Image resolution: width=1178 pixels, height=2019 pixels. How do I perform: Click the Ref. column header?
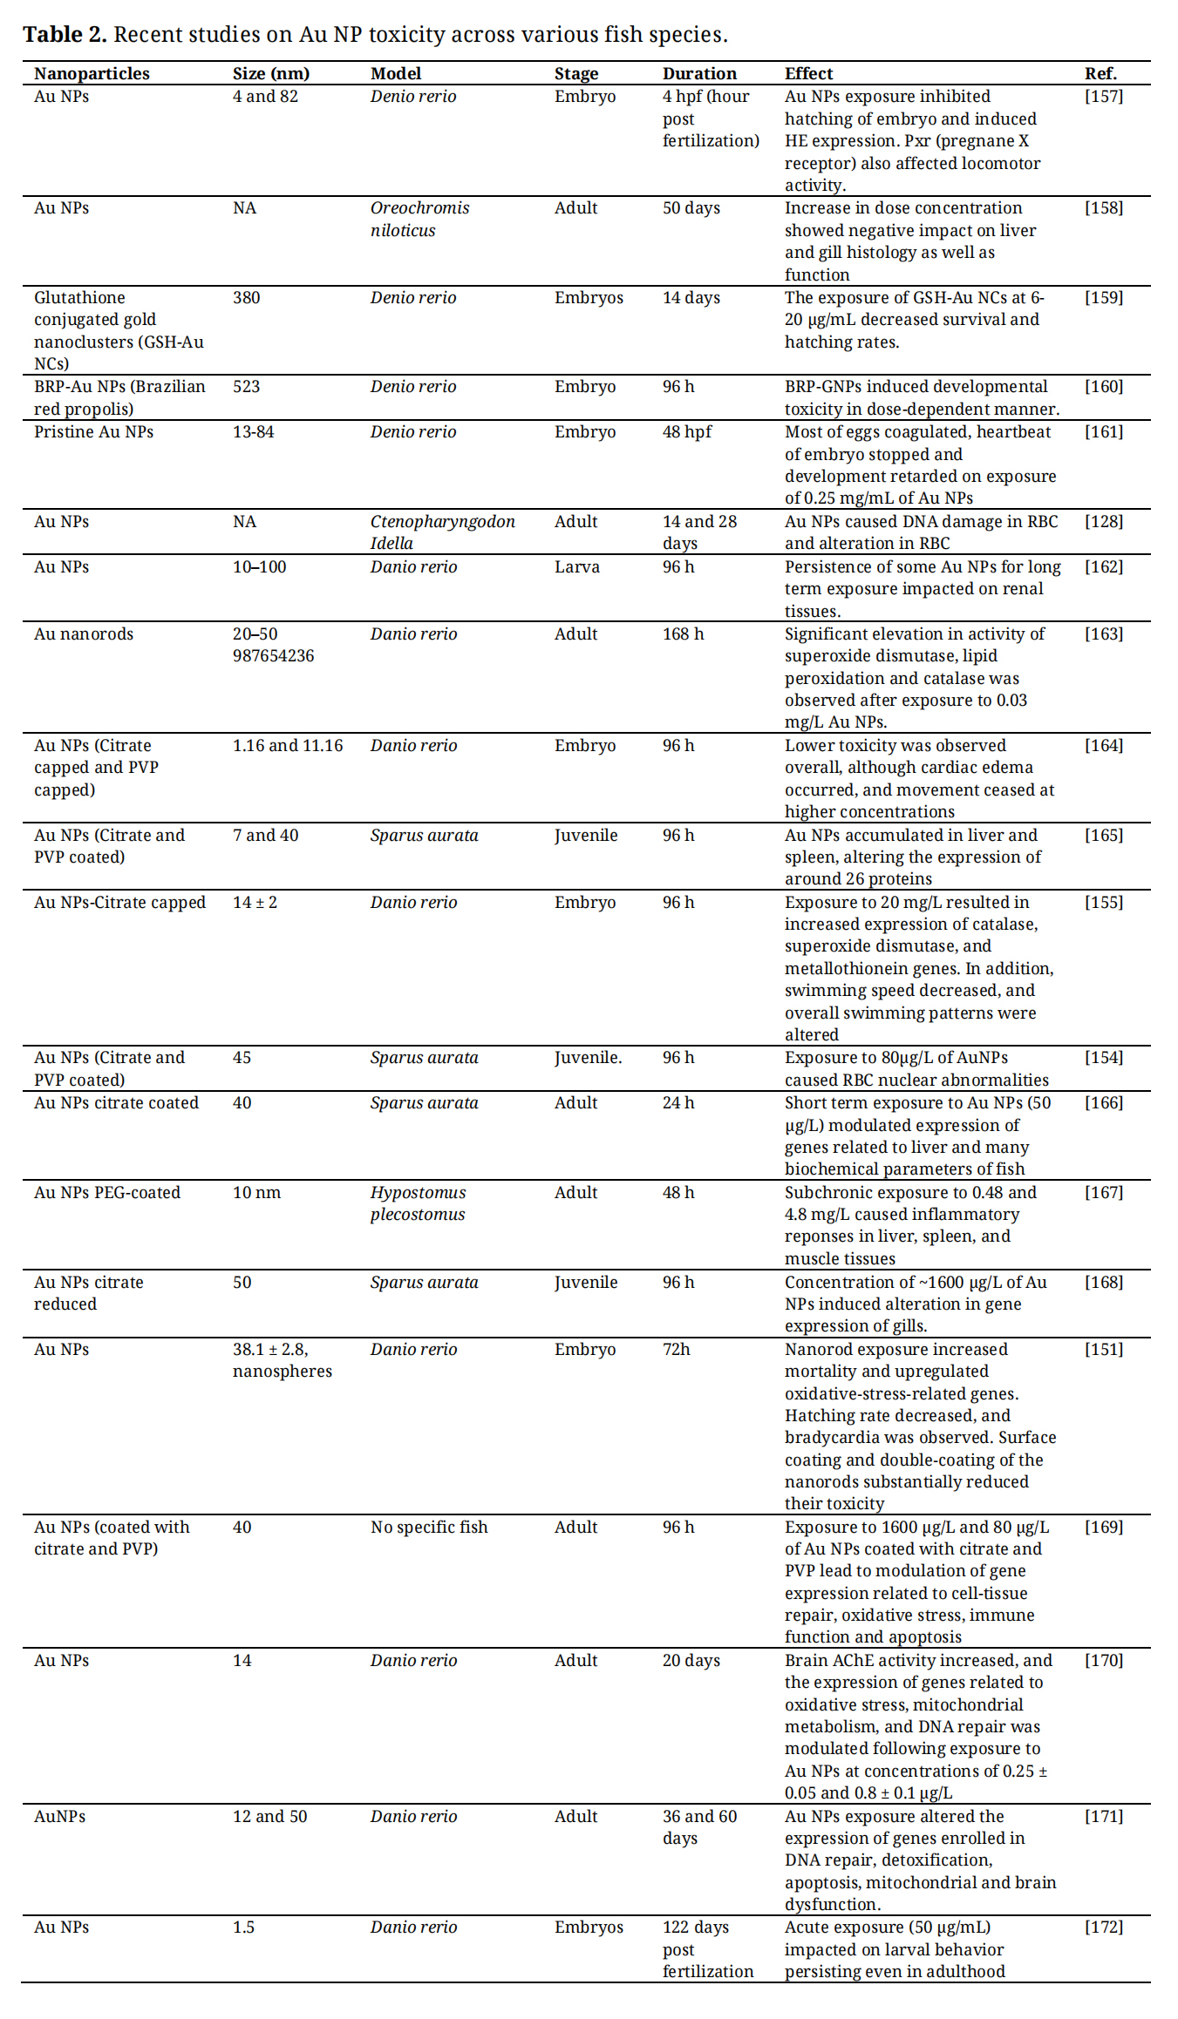click(x=1100, y=74)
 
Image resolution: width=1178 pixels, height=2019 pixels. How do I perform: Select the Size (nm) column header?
click(x=270, y=74)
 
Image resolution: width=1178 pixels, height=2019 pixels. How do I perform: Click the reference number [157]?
click(x=1104, y=97)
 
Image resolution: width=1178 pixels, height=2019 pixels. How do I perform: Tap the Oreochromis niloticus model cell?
click(x=419, y=219)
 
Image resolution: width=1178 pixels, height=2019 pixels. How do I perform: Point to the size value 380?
click(x=246, y=298)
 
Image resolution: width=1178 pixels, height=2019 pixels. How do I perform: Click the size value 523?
click(x=246, y=387)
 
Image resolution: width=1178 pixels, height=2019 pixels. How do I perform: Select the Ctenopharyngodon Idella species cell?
click(x=442, y=532)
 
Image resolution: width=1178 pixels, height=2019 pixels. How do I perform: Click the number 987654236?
click(x=273, y=656)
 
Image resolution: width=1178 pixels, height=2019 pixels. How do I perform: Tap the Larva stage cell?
click(x=576, y=567)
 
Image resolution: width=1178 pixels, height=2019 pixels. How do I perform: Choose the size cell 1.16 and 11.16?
click(x=288, y=746)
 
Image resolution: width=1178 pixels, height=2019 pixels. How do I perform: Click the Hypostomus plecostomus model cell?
click(x=418, y=1203)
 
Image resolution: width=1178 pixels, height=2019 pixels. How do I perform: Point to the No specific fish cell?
click(x=429, y=1528)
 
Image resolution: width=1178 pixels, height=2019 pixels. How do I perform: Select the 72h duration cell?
click(x=676, y=1350)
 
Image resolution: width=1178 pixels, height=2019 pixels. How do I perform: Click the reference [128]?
click(x=1104, y=522)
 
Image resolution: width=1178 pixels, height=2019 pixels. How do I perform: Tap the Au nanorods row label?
click(x=84, y=634)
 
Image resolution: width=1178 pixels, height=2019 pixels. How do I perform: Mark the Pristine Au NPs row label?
click(x=93, y=432)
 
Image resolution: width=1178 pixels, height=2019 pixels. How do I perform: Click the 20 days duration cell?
click(x=691, y=1661)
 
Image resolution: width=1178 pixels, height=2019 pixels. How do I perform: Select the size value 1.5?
click(x=243, y=1928)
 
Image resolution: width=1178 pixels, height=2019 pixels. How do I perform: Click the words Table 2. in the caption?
click(x=65, y=35)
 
